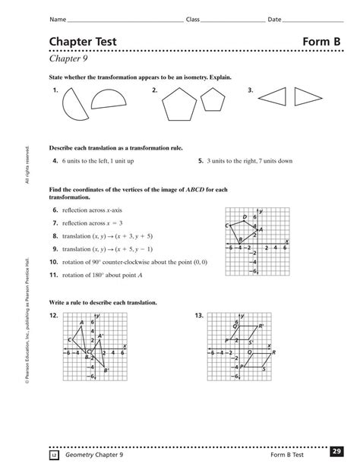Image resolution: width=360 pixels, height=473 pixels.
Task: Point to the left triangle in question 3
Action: tap(272, 96)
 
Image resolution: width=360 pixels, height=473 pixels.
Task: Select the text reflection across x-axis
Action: tap(91, 209)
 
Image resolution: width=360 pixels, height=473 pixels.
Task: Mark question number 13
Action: tap(200, 314)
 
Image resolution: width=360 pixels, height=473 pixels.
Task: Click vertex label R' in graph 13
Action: tap(261, 325)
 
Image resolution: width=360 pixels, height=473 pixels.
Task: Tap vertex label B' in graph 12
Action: tap(107, 370)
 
